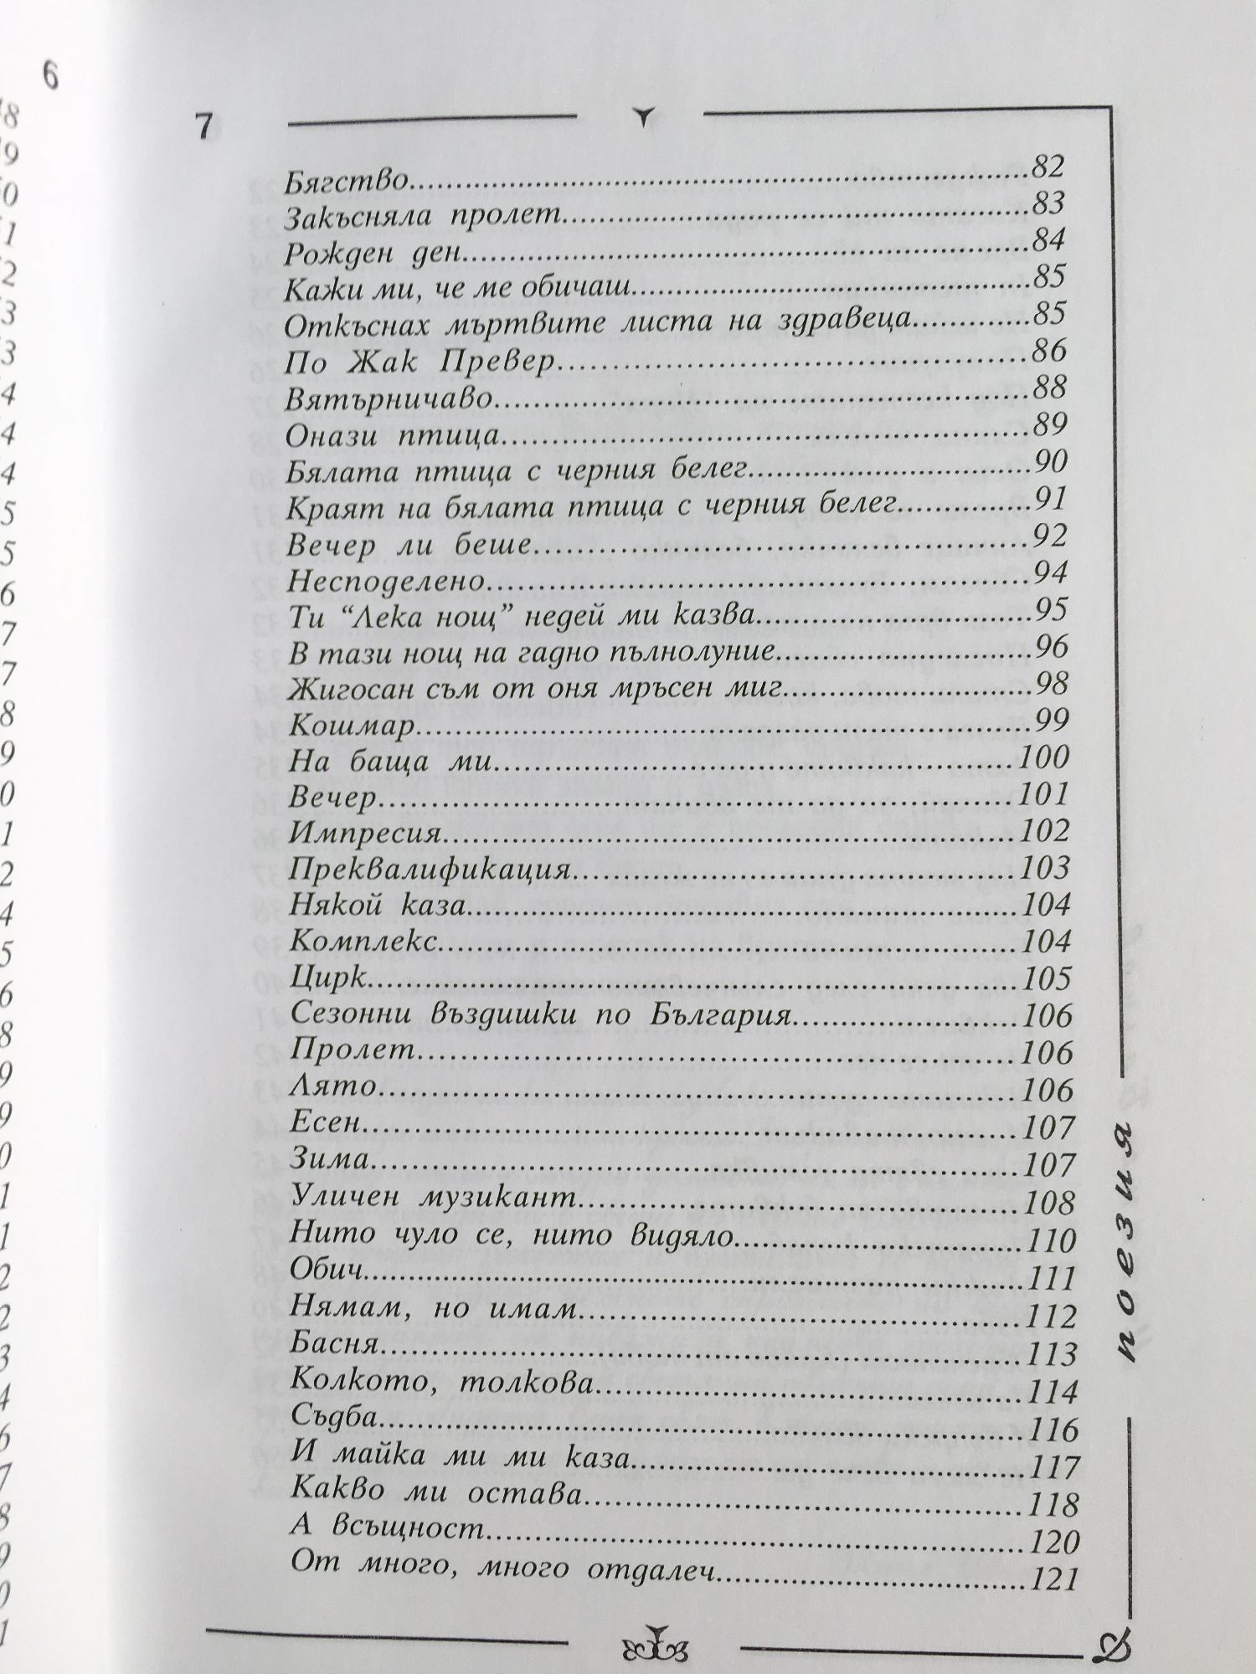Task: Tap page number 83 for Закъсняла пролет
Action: pyautogui.click(x=1047, y=203)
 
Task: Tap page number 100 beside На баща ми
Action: pyautogui.click(x=1046, y=757)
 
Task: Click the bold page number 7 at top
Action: pyautogui.click(x=203, y=127)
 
